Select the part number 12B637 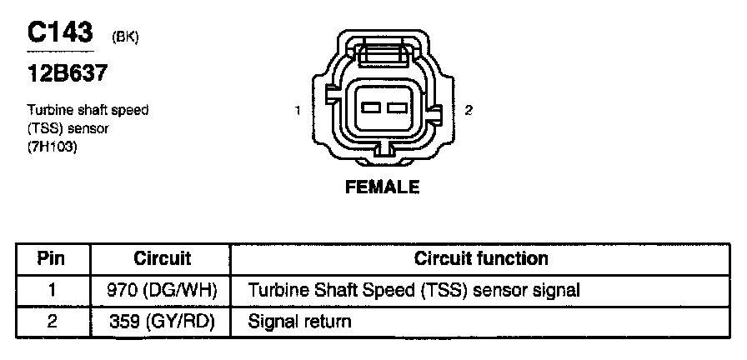tap(67, 74)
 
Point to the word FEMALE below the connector tap(382, 187)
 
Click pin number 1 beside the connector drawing tap(298, 110)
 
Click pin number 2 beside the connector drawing tap(469, 110)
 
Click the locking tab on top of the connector tap(382, 52)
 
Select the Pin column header tap(52, 258)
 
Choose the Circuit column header tap(162, 258)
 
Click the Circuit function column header tap(481, 258)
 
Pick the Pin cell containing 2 tap(52, 321)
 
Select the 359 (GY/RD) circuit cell tap(162, 321)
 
